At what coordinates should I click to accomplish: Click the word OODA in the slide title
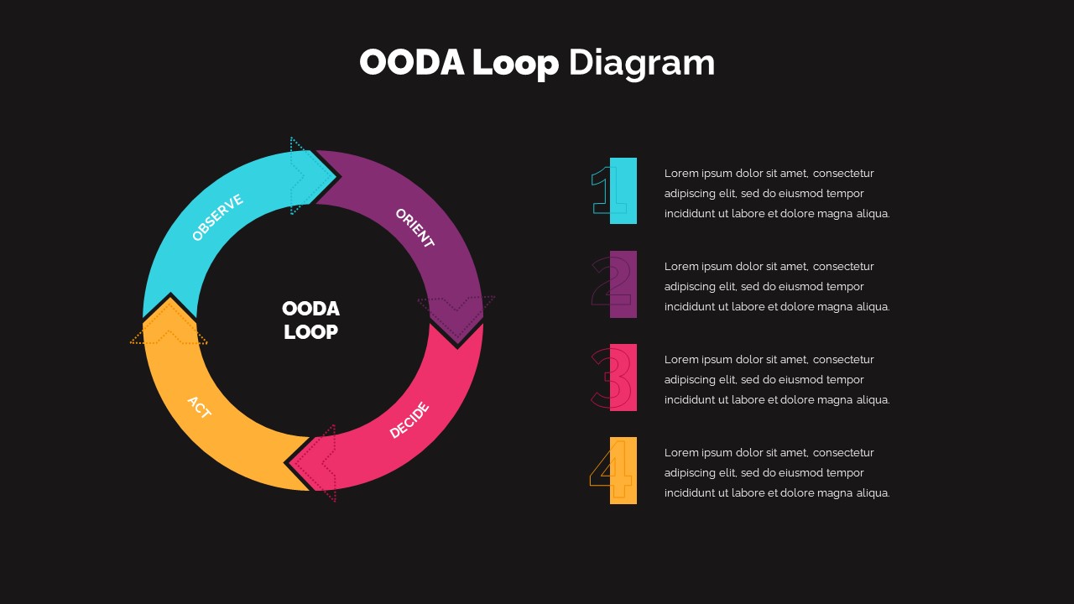click(411, 64)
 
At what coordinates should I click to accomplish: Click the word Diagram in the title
click(641, 64)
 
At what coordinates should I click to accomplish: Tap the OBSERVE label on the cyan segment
click(217, 217)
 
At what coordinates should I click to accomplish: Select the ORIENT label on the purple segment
click(414, 228)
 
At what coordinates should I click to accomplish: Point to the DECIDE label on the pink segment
click(409, 420)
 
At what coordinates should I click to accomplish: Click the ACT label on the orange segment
click(199, 408)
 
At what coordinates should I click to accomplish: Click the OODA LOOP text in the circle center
click(310, 320)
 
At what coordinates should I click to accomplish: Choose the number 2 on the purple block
click(613, 284)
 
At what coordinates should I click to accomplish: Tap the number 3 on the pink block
click(613, 377)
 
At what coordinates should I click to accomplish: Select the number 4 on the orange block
click(613, 471)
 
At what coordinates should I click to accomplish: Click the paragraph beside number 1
click(776, 194)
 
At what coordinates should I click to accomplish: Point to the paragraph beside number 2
click(776, 287)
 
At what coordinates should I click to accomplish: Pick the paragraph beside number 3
click(776, 380)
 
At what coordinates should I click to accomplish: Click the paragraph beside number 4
click(776, 473)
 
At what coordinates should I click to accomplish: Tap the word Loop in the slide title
click(514, 64)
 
